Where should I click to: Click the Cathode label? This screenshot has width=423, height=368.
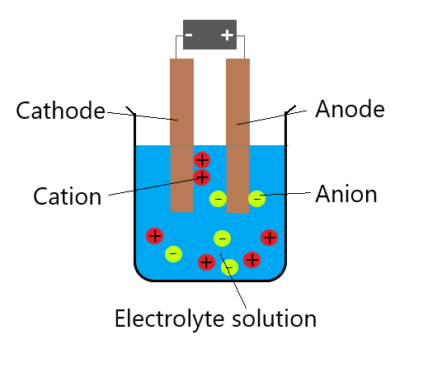click(x=60, y=111)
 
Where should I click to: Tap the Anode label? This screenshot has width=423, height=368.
click(x=350, y=109)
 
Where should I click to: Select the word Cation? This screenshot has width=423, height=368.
click(x=68, y=196)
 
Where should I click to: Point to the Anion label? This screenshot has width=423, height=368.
click(x=346, y=194)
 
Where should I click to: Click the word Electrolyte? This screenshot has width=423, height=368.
click(x=172, y=318)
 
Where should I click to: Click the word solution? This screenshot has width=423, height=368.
click(x=275, y=318)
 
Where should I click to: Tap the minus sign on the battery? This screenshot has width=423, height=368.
click(x=189, y=35)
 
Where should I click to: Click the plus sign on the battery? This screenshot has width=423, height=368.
click(x=228, y=35)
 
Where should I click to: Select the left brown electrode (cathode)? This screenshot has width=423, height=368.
click(x=181, y=135)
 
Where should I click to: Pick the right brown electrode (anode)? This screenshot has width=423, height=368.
click(x=237, y=135)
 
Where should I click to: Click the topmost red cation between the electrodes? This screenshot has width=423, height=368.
click(x=202, y=160)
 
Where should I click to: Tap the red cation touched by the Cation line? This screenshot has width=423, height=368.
click(x=201, y=177)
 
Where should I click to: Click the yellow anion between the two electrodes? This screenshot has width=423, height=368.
click(x=218, y=199)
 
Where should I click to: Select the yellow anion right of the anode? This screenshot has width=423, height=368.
click(x=256, y=199)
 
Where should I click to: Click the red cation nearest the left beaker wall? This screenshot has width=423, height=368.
click(x=155, y=236)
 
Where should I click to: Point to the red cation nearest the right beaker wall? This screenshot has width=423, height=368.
click(x=269, y=238)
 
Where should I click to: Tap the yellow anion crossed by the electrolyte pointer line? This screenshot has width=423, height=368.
click(x=229, y=267)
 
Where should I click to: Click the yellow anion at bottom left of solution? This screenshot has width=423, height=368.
click(x=173, y=254)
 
